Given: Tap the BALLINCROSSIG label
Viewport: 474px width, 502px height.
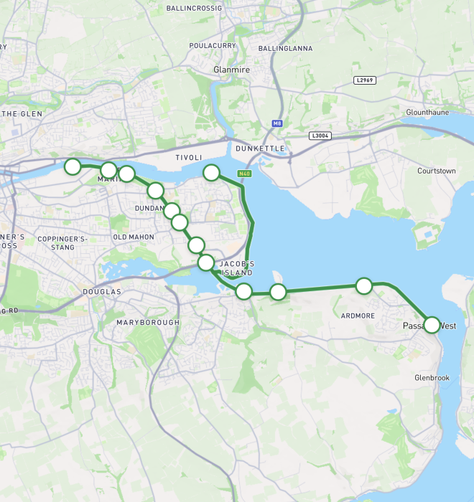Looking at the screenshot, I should pos(195,9).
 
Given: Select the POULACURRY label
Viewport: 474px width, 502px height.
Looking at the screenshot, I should pos(213,45).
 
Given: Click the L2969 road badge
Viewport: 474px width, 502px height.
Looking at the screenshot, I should pos(365,80).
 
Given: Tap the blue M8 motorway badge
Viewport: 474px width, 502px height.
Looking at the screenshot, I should pos(277,123).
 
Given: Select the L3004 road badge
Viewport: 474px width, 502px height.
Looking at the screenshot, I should pos(320,136).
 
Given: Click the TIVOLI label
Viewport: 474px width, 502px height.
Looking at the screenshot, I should pos(189,157).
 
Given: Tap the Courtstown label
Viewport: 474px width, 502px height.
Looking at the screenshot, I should pos(437,171).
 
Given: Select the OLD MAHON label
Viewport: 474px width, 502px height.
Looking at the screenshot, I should pos(134,237).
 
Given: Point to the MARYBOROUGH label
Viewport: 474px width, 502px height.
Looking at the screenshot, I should pos(148,323).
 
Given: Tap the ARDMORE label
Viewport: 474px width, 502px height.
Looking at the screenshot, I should pos(358,316).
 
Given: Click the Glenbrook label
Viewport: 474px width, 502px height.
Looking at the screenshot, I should pos(432,377).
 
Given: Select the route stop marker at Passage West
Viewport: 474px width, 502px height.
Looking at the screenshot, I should pos(432,325).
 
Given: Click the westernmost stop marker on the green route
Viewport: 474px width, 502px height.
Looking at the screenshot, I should pos(73,166).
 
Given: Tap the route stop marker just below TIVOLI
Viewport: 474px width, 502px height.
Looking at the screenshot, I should pos(211,172).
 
